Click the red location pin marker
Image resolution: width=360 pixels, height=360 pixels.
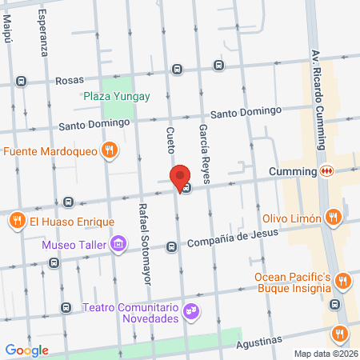[180, 177]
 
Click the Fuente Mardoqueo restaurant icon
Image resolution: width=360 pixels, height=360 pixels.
[110, 150]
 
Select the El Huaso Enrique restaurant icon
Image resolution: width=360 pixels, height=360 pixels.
[16, 219]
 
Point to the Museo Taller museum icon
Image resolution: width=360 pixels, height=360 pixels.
[118, 243]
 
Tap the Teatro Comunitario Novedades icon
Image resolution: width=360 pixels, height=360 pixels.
[190, 308]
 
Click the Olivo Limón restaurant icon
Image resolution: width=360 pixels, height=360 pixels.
[333, 218]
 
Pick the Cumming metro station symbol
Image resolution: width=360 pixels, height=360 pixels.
[326, 171]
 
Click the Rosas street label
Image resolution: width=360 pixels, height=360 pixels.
[70, 81]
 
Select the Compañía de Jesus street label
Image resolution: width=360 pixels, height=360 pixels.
[233, 238]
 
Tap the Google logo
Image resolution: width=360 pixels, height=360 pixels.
[27, 350]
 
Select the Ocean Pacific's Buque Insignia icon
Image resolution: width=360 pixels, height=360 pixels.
[342, 280]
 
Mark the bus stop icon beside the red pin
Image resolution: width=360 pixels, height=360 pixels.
[186, 189]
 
